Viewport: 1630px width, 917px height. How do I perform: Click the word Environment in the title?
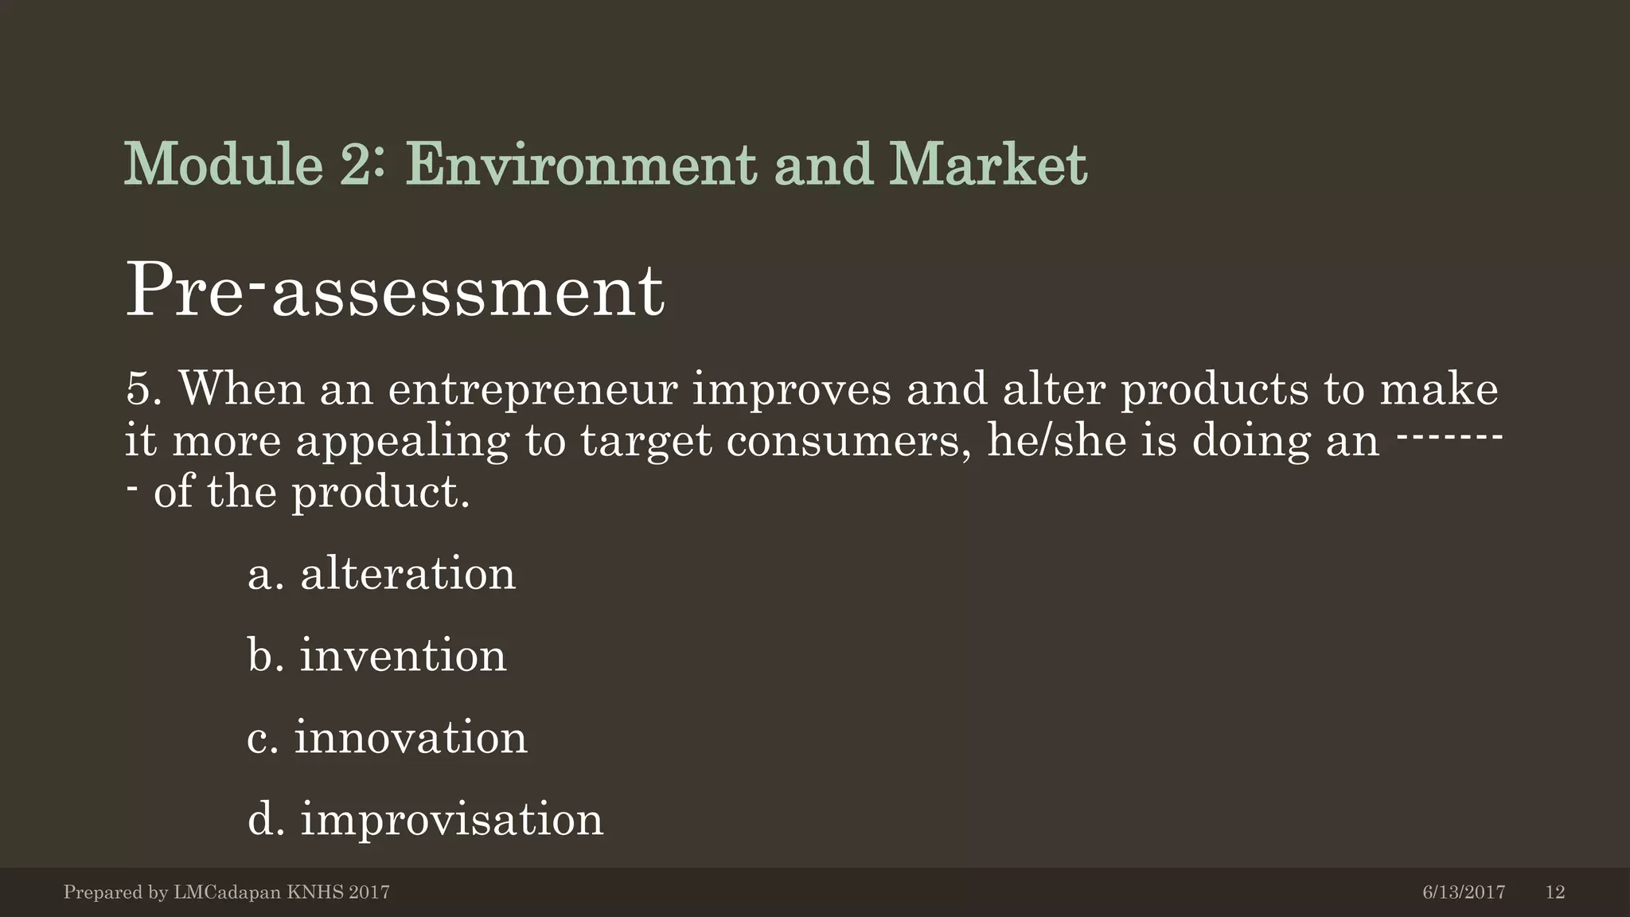582,165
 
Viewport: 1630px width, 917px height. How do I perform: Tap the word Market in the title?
988,165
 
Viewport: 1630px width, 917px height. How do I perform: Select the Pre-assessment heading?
394,291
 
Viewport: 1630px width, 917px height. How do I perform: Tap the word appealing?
402,442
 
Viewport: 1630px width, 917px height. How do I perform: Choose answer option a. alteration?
381,574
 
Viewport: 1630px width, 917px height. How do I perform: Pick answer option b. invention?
376,656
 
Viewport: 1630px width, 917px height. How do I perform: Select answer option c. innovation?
387,738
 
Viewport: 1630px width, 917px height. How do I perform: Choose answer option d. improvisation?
425,820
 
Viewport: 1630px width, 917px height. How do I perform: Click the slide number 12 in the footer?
1554,892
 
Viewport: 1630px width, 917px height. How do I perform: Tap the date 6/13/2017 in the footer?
1463,892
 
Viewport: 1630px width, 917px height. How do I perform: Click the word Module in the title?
224,165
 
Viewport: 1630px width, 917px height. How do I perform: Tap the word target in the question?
645,442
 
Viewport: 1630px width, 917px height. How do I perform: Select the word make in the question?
1439,389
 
